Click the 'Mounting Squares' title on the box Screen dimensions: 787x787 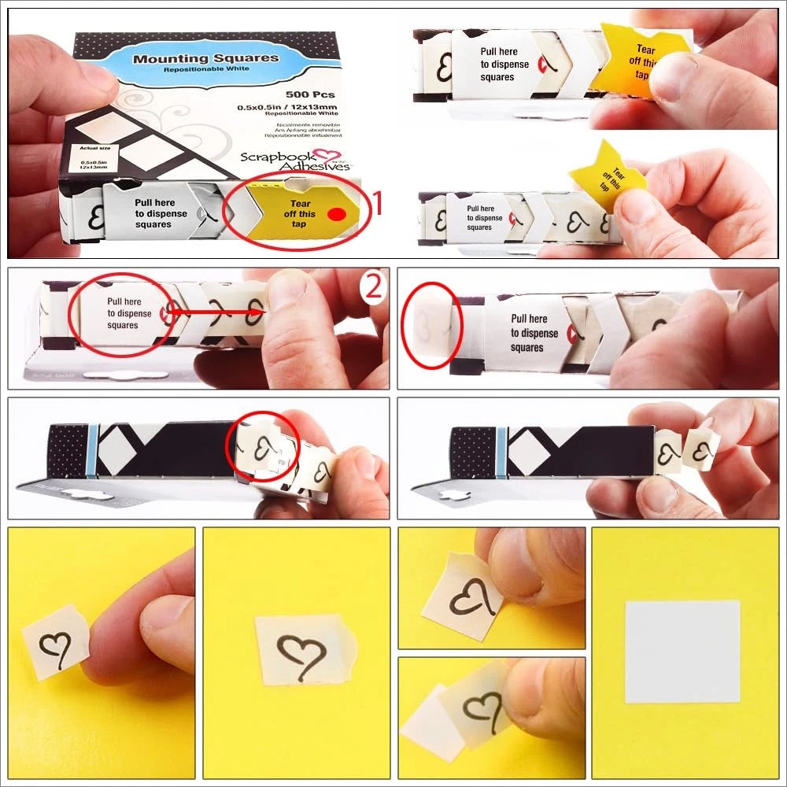tap(205, 58)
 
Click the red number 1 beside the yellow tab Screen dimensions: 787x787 tap(376, 205)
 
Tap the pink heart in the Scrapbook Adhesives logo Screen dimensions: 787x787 tap(321, 157)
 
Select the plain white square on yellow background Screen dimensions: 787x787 tap(682, 652)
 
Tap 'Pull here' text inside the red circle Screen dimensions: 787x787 tap(121, 301)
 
